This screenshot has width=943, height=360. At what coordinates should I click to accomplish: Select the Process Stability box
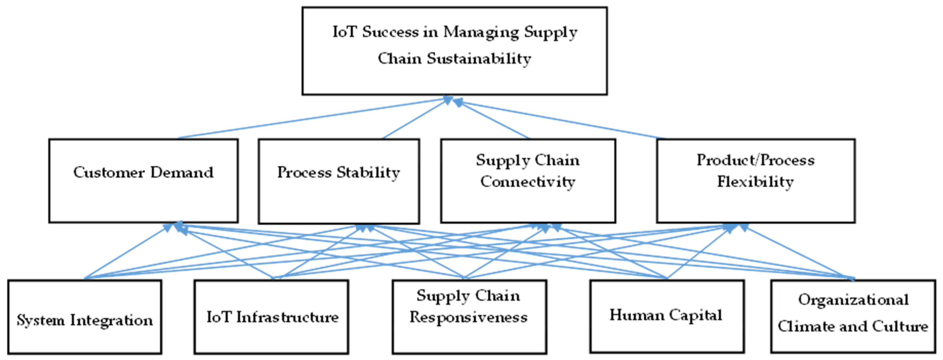[339, 181]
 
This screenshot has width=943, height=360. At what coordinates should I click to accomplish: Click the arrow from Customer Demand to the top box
[311, 118]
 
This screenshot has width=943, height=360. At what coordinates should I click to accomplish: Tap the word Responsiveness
[469, 317]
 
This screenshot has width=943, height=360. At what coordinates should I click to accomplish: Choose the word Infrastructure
[287, 317]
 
